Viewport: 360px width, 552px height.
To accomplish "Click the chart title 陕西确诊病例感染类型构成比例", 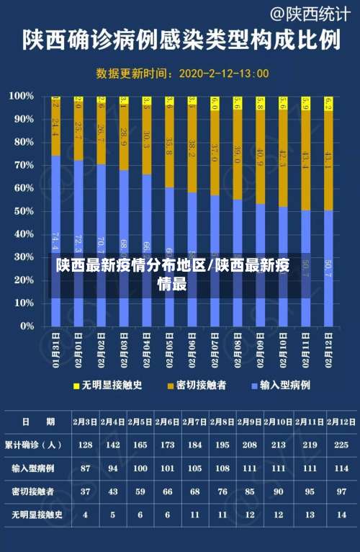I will (181, 39).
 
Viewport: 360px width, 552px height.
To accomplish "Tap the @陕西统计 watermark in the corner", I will (310, 13).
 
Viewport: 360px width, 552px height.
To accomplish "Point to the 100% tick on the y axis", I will (21, 96).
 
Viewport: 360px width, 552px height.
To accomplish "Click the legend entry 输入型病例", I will (284, 386).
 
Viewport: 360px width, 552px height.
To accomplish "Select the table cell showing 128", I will (86, 445).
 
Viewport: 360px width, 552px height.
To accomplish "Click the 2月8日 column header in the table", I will (221, 422).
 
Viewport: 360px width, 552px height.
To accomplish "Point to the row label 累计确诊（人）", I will (33, 445).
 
